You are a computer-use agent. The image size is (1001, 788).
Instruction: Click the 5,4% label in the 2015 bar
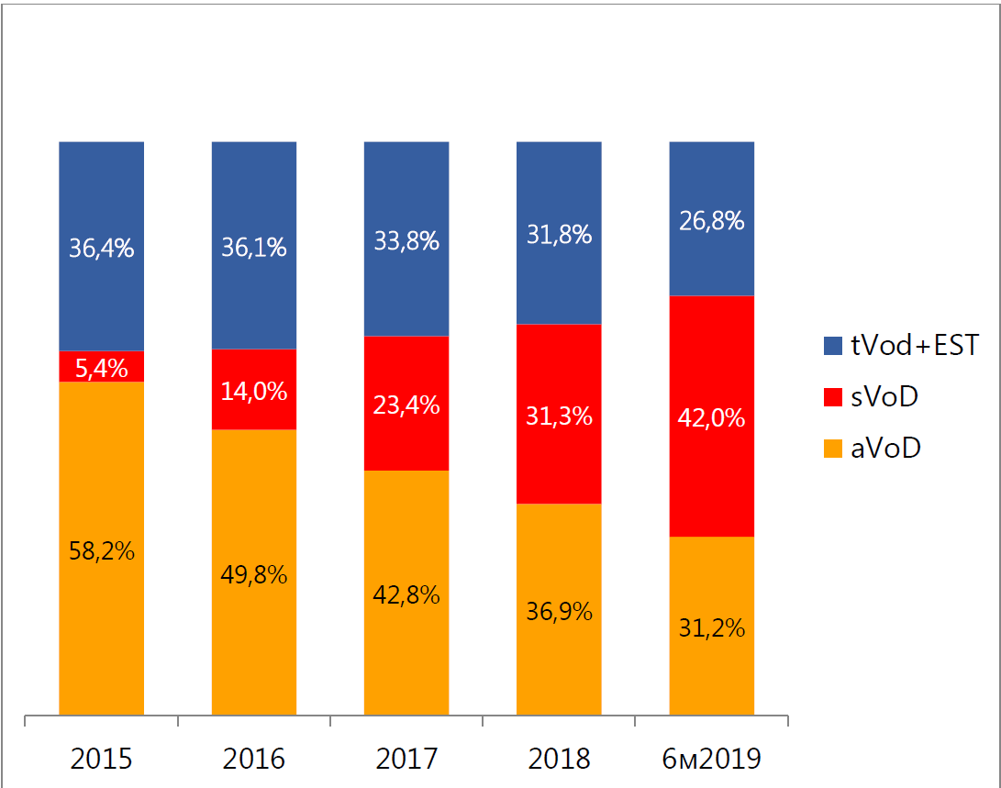tap(102, 367)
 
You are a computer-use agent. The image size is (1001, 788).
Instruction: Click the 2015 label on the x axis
tap(102, 760)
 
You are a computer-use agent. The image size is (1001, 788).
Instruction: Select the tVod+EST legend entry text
tap(901, 346)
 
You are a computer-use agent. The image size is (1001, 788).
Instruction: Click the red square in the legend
tap(833, 397)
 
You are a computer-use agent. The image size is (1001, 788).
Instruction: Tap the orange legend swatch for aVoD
tap(833, 449)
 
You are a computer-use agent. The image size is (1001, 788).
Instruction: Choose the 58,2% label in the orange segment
tap(102, 550)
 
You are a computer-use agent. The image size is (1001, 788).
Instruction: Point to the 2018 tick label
tap(560, 760)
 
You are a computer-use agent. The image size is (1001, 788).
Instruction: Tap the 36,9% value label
tap(560, 612)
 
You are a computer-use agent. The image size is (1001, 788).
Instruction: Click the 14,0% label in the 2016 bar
tap(254, 392)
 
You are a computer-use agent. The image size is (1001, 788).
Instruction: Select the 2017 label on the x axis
tap(406, 760)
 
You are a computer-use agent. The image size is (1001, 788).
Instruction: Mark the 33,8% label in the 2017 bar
tap(406, 241)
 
